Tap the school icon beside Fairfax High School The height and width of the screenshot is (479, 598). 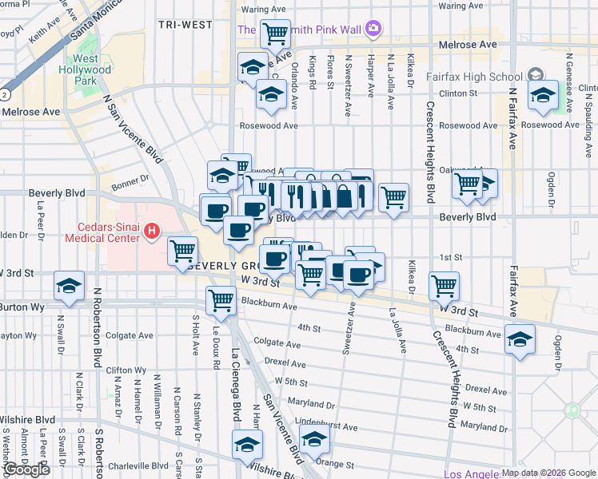pos(543,93)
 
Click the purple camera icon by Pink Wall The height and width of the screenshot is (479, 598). pos(373,30)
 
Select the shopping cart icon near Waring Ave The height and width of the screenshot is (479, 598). pos(275,33)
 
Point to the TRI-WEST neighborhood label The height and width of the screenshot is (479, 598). pos(185,25)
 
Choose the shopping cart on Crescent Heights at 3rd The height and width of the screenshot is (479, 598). pos(444,284)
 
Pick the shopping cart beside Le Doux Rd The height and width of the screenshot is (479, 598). pos(221,300)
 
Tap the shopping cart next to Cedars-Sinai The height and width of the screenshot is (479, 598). pos(183,250)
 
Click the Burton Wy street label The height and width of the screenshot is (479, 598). pos(15,306)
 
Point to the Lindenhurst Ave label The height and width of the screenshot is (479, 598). pos(323,426)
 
